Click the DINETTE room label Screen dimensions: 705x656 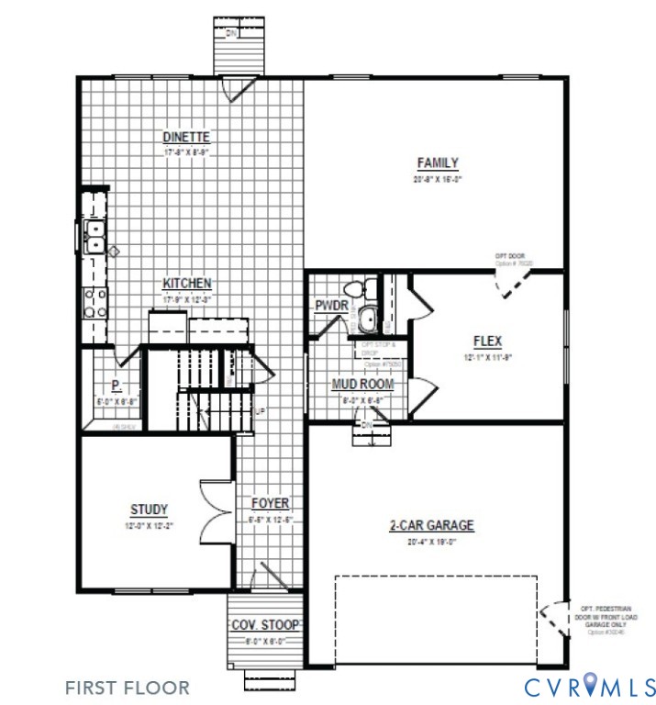[x=187, y=137]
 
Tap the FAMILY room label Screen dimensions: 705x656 [x=438, y=163]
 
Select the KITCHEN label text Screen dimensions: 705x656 [x=187, y=283]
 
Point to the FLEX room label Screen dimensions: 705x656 [x=487, y=341]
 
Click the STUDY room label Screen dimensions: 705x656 [x=149, y=509]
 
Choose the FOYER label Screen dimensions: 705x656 [x=271, y=503]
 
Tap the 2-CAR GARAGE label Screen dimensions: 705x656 [x=431, y=525]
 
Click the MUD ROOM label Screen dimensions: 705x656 [x=363, y=384]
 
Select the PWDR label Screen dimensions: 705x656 [x=331, y=306]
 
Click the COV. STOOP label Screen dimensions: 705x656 [x=265, y=625]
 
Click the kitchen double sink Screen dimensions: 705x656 [x=94, y=235]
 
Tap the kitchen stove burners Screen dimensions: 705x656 [x=95, y=302]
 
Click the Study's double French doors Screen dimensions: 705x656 [x=217, y=511]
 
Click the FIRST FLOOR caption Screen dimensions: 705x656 [x=128, y=687]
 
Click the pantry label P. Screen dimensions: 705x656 [x=117, y=386]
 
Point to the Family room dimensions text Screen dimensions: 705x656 [x=438, y=180]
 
